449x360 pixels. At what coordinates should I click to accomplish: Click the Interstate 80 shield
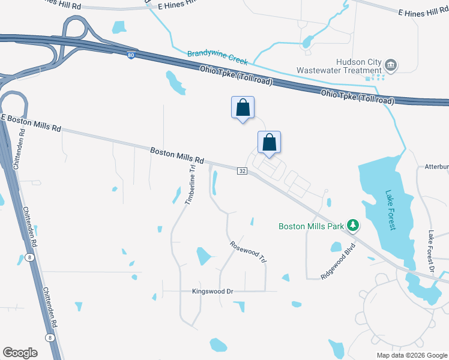(x=131, y=56)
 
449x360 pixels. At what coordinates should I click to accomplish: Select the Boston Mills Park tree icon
(x=354, y=226)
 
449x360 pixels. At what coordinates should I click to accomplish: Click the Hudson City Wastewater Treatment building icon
(x=391, y=64)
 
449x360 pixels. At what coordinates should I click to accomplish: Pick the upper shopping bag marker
(x=243, y=108)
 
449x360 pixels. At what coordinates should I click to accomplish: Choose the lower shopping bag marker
(x=270, y=143)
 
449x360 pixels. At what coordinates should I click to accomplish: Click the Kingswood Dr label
(x=212, y=292)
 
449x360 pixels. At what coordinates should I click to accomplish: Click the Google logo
(x=20, y=353)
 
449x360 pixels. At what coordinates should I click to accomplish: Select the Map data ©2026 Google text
(x=411, y=355)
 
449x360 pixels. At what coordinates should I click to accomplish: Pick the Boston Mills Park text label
(x=311, y=226)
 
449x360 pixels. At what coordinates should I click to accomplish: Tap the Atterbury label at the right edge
(x=436, y=167)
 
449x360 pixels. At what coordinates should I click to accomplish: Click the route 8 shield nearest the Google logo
(x=49, y=338)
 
